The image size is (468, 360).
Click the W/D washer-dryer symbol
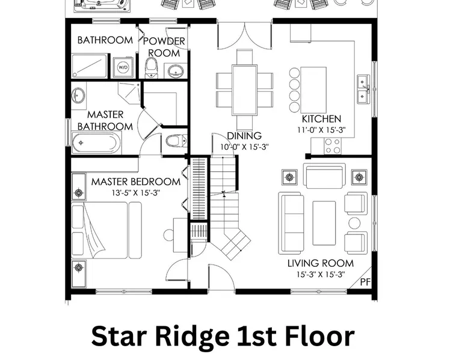point(123,67)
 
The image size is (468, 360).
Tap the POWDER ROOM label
point(164,47)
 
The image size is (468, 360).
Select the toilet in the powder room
point(152,68)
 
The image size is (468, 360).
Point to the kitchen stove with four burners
point(333,146)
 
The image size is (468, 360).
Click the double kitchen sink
point(363,88)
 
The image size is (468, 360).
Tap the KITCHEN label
point(321,119)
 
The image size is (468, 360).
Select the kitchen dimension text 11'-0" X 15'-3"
point(321,130)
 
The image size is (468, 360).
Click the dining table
point(245,90)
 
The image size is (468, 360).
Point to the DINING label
point(244,136)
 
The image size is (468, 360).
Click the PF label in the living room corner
point(365,282)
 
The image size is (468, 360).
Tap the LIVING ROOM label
point(321,263)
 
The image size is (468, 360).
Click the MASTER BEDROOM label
point(136,182)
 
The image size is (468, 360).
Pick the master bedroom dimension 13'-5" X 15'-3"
point(136,193)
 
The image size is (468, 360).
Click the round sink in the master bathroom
point(78,95)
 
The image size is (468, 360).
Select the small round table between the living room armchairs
point(354,224)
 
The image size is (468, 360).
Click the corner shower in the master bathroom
point(129,93)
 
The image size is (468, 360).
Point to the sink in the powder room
point(176,71)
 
